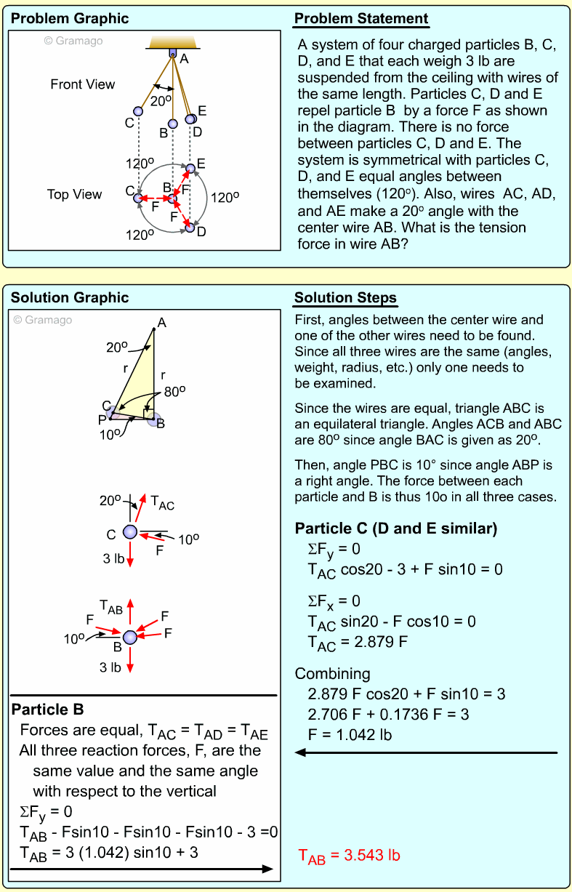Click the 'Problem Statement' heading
[x=360, y=19]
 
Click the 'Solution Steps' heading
[x=345, y=298]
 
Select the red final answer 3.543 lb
[x=350, y=856]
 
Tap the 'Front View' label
[x=82, y=84]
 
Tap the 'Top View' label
[x=74, y=194]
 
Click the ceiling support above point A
[x=172, y=44]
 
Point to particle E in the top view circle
[x=190, y=169]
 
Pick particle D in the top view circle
[x=190, y=227]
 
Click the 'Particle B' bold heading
[x=47, y=709]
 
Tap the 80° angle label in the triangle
[x=174, y=390]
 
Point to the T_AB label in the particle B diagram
[x=110, y=608]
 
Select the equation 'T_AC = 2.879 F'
[x=357, y=643]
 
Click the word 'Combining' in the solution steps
[x=332, y=673]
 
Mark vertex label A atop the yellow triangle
[x=162, y=323]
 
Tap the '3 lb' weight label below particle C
[x=113, y=559]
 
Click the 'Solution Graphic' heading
[x=70, y=298]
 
